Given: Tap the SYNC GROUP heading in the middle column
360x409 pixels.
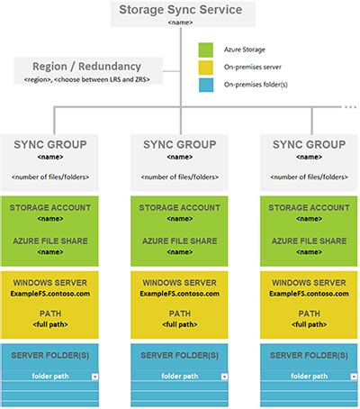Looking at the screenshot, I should coord(178,143).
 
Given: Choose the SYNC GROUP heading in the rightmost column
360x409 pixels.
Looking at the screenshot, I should coord(307,143).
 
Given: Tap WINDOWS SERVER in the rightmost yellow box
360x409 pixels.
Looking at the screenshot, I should coord(307,283).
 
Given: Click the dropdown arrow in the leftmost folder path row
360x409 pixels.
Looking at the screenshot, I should coord(94,375).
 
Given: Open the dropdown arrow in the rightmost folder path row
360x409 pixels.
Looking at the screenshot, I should coord(350,375).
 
